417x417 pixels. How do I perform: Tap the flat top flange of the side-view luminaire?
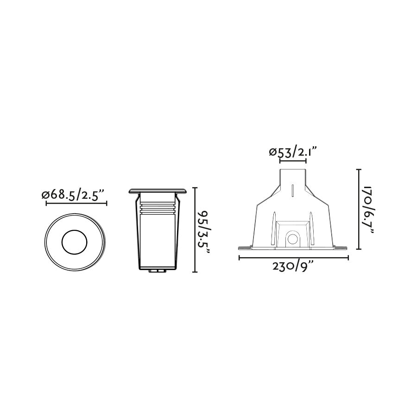click(158, 190)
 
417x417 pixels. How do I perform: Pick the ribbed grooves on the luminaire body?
click(158, 208)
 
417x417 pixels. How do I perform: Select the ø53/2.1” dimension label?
click(293, 152)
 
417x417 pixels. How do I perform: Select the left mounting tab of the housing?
click(244, 247)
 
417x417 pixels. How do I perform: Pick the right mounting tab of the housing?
click(341, 247)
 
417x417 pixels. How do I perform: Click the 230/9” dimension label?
click(293, 267)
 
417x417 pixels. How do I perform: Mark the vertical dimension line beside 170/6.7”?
click(359, 209)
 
